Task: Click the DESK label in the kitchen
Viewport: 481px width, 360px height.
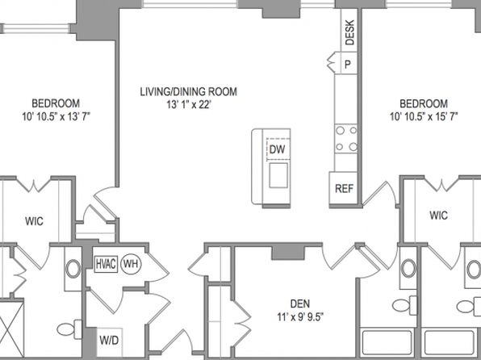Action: point(349,32)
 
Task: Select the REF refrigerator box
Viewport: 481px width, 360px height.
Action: point(344,188)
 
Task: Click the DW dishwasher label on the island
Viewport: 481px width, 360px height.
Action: point(278,149)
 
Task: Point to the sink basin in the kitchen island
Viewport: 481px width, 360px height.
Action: point(278,175)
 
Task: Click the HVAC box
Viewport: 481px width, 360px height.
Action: point(107,264)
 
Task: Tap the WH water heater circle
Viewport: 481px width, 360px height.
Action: point(131,264)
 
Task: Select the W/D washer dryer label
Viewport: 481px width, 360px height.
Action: point(109,340)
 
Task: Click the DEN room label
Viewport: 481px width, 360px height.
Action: point(300,303)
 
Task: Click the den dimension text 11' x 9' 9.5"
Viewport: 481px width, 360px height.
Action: point(300,316)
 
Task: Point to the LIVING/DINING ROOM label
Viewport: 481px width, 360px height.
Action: point(188,91)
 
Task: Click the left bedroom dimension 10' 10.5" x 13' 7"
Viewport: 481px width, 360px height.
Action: point(56,116)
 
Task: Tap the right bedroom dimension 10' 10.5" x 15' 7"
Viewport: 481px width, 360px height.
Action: point(424,116)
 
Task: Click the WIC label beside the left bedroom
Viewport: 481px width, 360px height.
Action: point(34,221)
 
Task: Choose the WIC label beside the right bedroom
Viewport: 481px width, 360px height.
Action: point(439,216)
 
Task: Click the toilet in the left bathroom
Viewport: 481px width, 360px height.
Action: point(69,329)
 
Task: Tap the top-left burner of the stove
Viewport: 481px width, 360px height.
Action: point(340,131)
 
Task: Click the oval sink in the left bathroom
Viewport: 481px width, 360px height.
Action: point(73,269)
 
